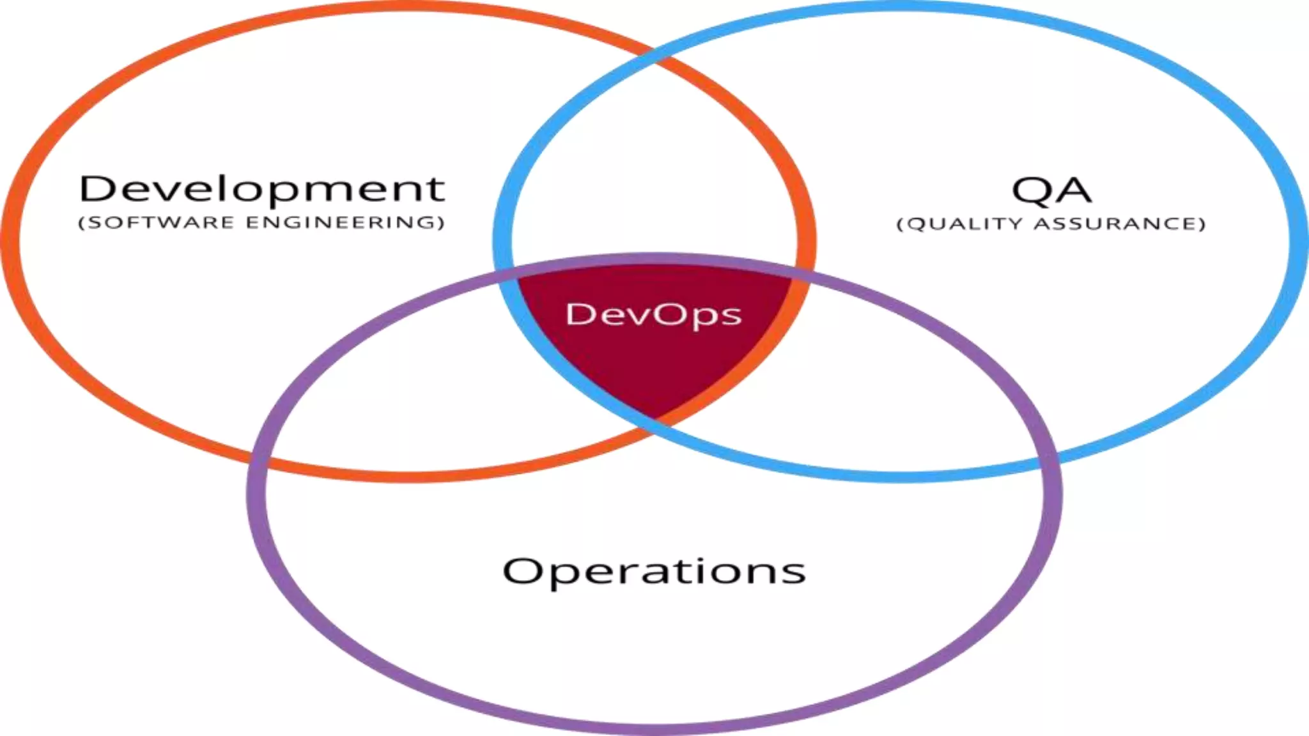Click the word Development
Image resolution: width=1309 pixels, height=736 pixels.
pyautogui.click(x=261, y=189)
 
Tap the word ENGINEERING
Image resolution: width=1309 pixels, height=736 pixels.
pyautogui.click(x=345, y=222)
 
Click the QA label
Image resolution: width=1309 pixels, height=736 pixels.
pyautogui.click(x=1051, y=190)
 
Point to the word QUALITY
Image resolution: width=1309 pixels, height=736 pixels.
pyautogui.click(x=965, y=224)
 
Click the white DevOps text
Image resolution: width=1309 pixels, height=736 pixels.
pyautogui.click(x=653, y=314)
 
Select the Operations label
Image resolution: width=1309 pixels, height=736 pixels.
pyautogui.click(x=654, y=571)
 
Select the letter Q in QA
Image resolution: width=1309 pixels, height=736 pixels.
pyautogui.click(x=1030, y=190)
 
